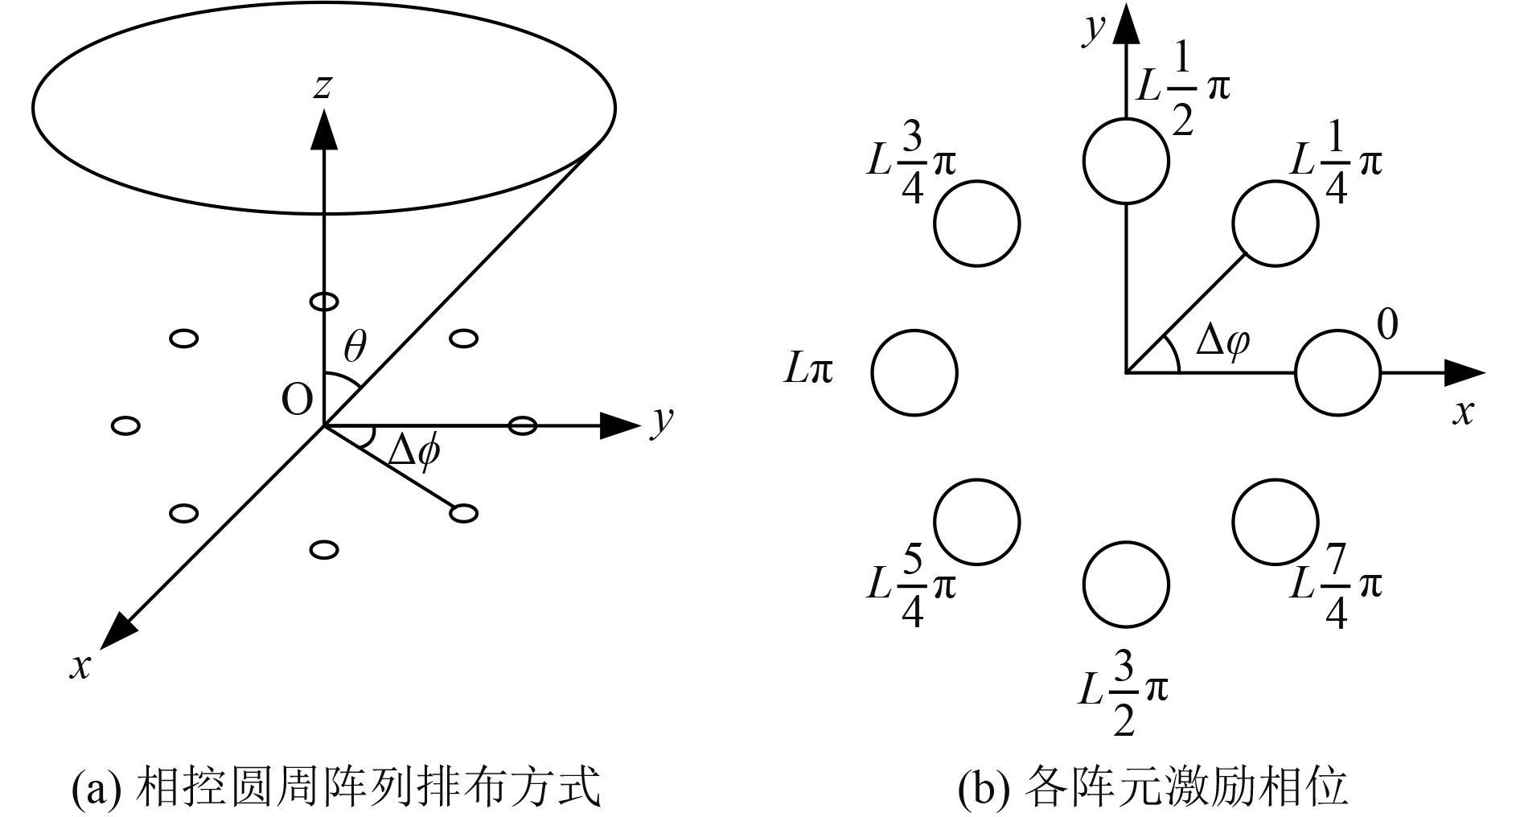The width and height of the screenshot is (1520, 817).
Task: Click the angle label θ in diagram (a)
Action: (x=355, y=348)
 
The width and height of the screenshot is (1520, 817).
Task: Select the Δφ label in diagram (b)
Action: (x=1222, y=342)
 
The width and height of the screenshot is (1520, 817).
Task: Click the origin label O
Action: (x=296, y=400)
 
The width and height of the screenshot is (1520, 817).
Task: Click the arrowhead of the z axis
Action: (x=323, y=129)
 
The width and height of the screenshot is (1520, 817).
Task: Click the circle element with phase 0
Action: (x=1337, y=373)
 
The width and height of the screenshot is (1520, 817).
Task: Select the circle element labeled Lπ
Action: (x=914, y=373)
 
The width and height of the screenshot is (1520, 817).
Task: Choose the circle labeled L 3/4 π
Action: (x=977, y=223)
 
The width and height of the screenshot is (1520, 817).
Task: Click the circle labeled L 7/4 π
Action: (x=1275, y=522)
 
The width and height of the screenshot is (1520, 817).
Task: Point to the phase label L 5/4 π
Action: (x=911, y=585)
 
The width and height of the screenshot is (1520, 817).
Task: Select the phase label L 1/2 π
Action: (x=1182, y=88)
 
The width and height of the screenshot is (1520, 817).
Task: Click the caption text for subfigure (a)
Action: (x=336, y=788)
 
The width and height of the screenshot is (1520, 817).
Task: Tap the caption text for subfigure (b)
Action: (x=1152, y=788)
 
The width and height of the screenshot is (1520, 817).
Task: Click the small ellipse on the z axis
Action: (x=323, y=302)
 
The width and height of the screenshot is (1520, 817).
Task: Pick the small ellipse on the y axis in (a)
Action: (x=523, y=425)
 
